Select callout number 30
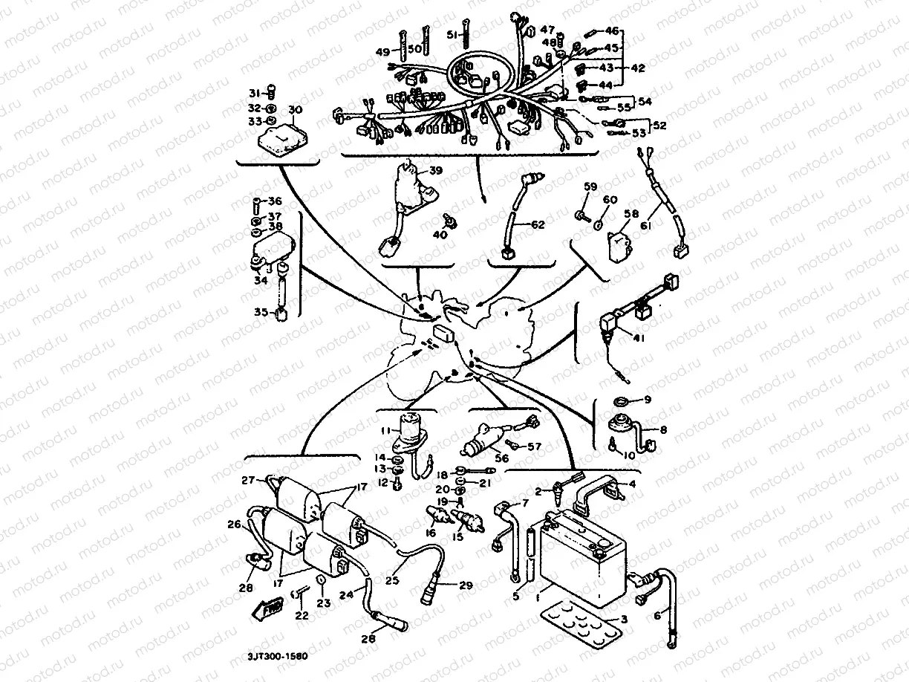coord(295,111)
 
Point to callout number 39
coord(435,171)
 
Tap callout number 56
coord(502,458)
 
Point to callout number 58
coord(631,215)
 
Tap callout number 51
coord(452,34)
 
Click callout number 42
coord(639,67)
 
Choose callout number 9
coord(647,400)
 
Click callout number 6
coord(656,616)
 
